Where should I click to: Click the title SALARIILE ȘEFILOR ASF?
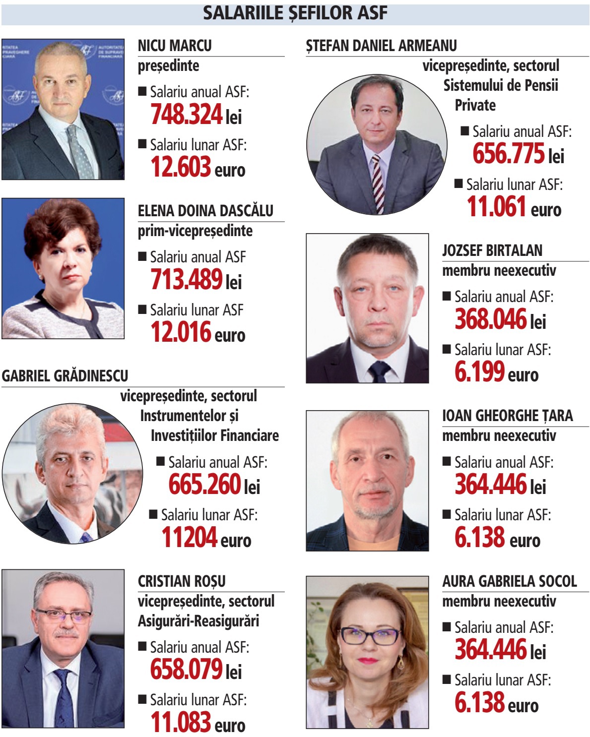(295, 13)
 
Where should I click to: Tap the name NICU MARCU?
(175, 46)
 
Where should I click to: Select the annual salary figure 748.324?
(187, 114)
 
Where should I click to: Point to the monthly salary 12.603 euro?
(197, 167)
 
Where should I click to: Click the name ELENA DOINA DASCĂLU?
(205, 211)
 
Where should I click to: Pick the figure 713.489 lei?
(196, 280)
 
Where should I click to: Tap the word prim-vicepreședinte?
(195, 231)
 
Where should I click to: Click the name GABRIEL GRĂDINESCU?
(65, 376)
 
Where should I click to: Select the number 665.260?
(204, 485)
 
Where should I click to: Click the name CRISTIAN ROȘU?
(182, 581)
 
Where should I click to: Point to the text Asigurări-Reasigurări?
(198, 621)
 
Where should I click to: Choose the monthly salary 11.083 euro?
(197, 723)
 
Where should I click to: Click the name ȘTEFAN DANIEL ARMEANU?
(381, 46)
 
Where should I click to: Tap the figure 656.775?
(508, 154)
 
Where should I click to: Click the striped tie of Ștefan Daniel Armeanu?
(378, 184)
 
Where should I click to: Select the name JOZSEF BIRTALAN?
(492, 250)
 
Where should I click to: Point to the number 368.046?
(490, 319)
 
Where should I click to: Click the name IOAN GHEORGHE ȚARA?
(507, 416)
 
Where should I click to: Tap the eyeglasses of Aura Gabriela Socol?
(369, 635)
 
